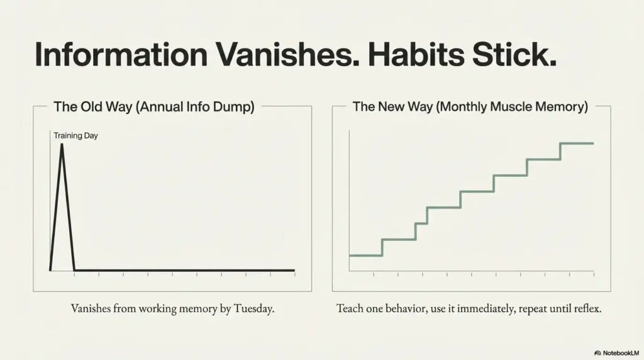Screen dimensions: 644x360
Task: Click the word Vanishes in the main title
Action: tap(287, 54)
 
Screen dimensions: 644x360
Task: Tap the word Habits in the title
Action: tap(416, 54)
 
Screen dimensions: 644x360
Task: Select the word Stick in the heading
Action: tap(514, 54)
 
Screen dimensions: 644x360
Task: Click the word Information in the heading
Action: tap(121, 54)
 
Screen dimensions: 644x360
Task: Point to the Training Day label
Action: tap(75, 135)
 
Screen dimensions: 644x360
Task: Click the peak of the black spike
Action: tap(62, 144)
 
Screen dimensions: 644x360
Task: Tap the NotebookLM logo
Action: tap(616, 353)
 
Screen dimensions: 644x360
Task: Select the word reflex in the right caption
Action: tap(588, 308)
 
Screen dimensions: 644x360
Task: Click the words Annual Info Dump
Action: tap(195, 107)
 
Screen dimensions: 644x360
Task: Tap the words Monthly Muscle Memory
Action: tap(512, 107)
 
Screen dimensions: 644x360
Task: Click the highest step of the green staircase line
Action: tap(577, 143)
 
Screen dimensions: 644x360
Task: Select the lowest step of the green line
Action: tap(365, 256)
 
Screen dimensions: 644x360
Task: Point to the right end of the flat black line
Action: tap(294, 271)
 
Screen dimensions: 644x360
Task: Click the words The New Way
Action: tap(392, 107)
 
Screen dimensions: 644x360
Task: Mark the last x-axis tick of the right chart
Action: tap(594, 274)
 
